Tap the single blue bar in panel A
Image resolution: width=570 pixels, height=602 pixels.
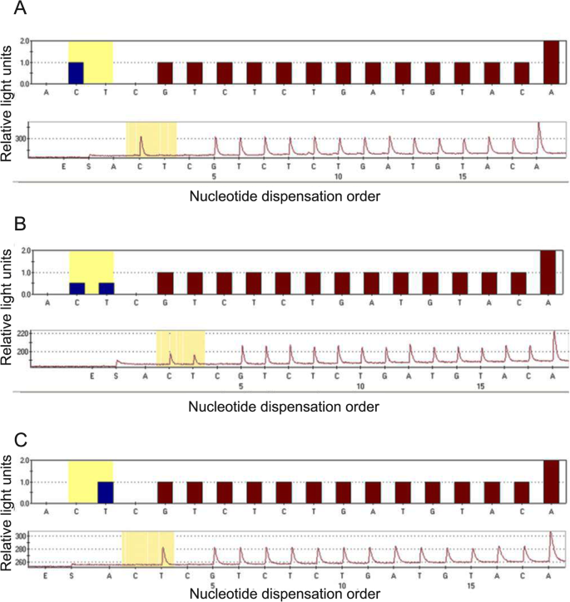[x=76, y=73]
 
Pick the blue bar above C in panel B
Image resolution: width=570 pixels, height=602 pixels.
[x=77, y=288]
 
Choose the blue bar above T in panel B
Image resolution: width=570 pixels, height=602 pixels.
[x=106, y=288]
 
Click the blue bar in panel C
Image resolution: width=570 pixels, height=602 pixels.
[x=106, y=492]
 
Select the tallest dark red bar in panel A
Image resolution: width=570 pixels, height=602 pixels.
[x=551, y=62]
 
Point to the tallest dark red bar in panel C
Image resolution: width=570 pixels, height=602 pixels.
[x=551, y=482]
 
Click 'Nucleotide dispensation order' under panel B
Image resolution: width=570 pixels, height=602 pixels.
[x=284, y=407]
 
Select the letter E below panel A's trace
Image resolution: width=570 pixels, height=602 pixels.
[x=63, y=166]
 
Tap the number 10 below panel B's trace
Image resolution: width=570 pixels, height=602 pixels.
[x=359, y=387]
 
